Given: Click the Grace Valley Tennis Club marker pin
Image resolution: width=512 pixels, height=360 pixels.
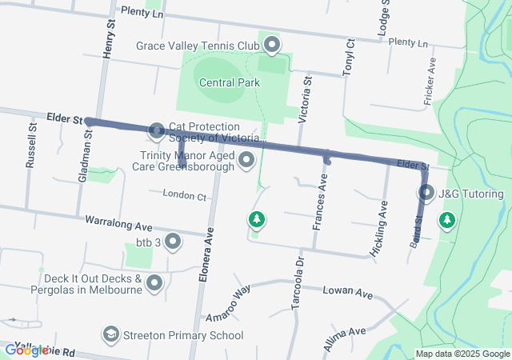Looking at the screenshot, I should [272, 45].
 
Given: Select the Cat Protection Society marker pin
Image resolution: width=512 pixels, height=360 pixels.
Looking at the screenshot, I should [157, 130].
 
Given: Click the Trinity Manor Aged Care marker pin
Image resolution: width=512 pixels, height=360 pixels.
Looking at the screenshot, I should [246, 161].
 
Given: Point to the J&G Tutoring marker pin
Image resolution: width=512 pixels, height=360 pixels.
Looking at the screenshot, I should [426, 193].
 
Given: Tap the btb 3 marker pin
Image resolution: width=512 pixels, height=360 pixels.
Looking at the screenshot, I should [171, 242].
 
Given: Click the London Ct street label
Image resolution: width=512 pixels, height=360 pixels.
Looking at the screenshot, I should [184, 194].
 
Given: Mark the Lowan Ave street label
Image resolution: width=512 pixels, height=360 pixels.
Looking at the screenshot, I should [348, 292].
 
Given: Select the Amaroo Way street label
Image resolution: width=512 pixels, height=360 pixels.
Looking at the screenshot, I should [232, 302].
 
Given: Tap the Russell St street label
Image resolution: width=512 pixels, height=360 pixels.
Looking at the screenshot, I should [31, 145].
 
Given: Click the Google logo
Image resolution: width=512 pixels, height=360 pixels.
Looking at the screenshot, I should [26, 350].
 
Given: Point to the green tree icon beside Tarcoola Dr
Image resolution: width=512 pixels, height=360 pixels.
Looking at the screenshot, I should [256, 218].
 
